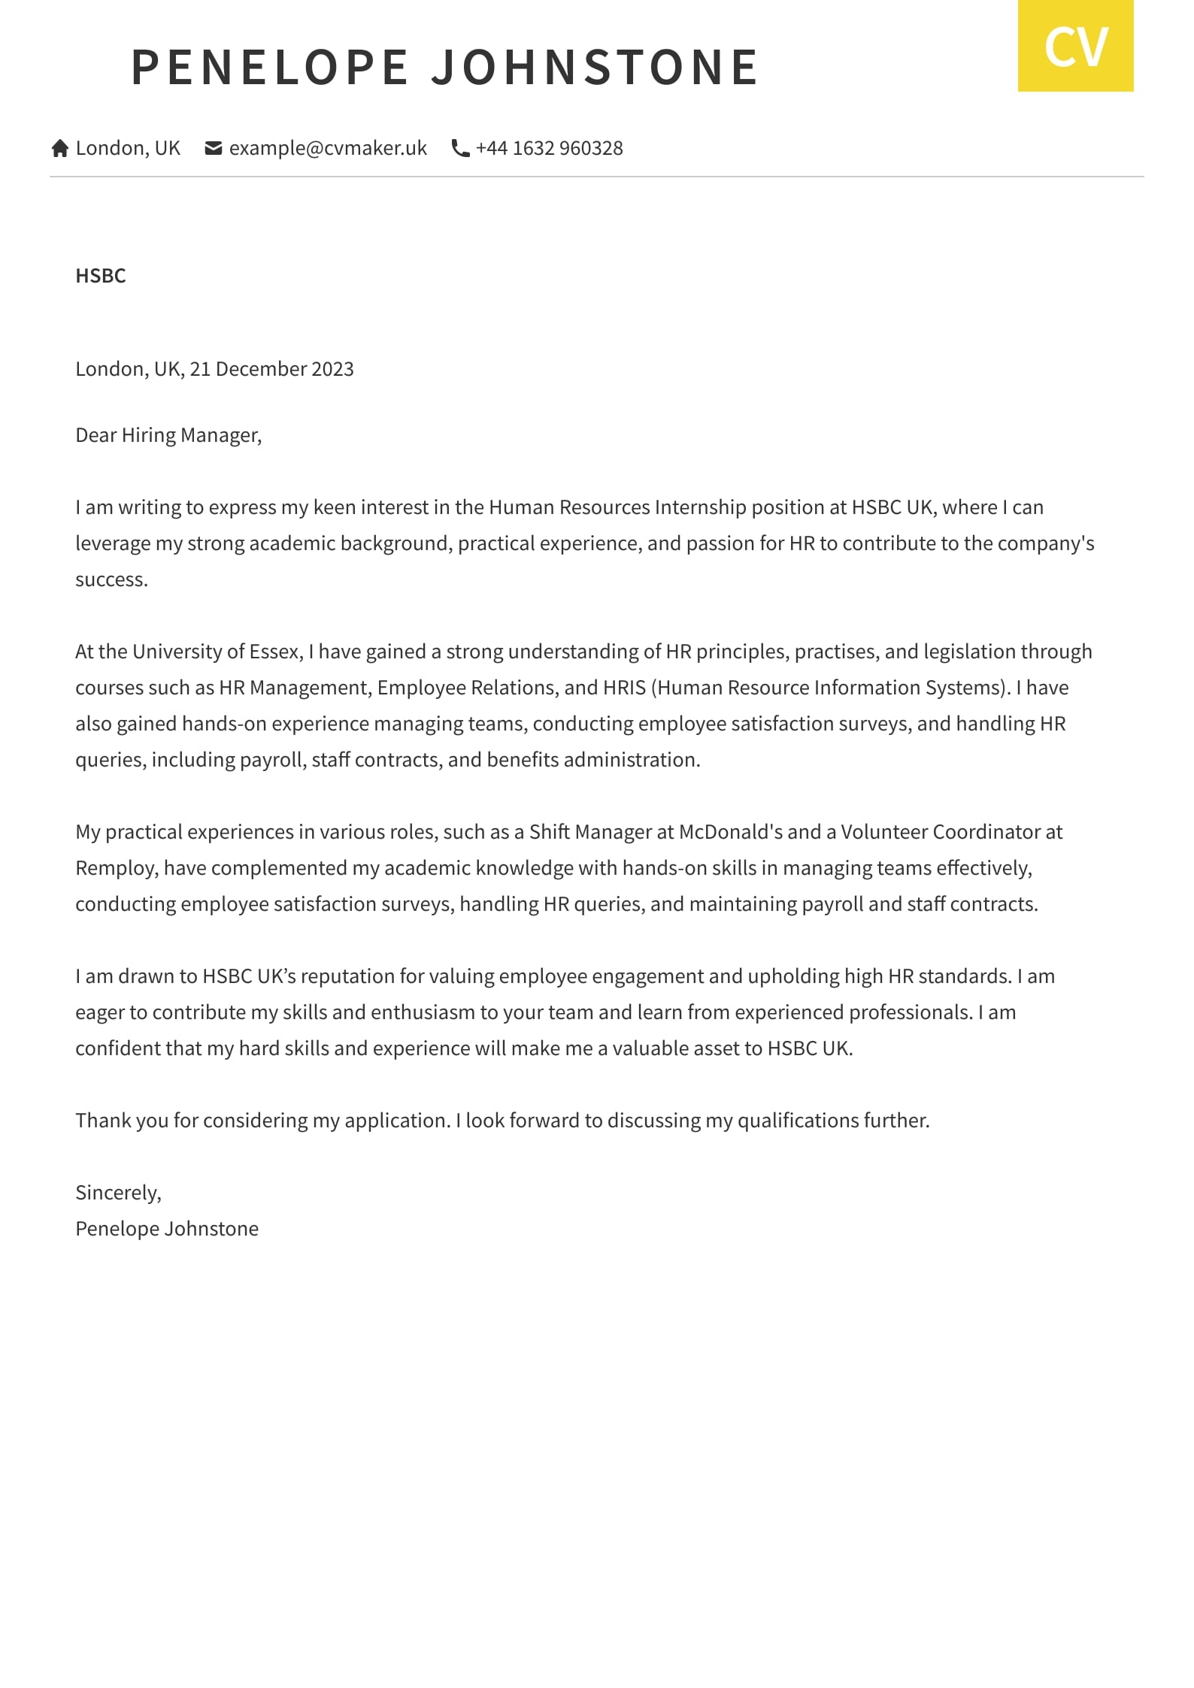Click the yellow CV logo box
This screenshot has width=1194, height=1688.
pyautogui.click(x=1075, y=46)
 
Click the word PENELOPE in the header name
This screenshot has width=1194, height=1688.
pyautogui.click(x=270, y=68)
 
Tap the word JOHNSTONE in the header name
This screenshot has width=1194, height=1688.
pyautogui.click(x=595, y=68)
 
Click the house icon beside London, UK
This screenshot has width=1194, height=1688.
pyautogui.click(x=60, y=149)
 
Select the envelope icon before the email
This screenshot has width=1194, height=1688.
pyautogui.click(x=214, y=149)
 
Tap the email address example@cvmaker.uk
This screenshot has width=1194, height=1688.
pyautogui.click(x=328, y=148)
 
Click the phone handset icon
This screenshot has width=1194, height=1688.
pyautogui.click(x=460, y=149)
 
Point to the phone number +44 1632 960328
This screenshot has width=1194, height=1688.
pyautogui.click(x=549, y=148)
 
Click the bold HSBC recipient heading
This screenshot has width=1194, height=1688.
pyautogui.click(x=101, y=276)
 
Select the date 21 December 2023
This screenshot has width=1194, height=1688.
pyautogui.click(x=271, y=369)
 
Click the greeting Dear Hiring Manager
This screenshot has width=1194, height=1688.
pyautogui.click(x=168, y=435)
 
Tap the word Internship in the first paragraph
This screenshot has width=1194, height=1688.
pyautogui.click(x=700, y=507)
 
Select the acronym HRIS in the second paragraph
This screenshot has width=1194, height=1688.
pyautogui.click(x=624, y=688)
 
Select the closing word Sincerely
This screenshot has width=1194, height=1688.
pyautogui.click(x=117, y=1193)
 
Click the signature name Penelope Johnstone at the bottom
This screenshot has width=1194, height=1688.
pyautogui.click(x=167, y=1229)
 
